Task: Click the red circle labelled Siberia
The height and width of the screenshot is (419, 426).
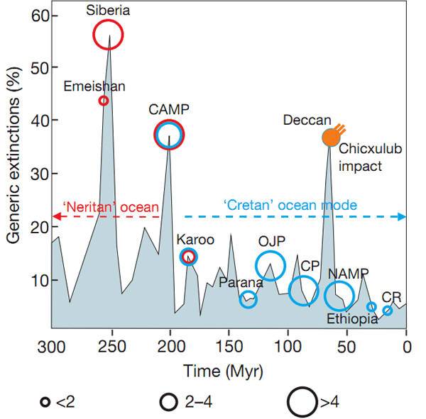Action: coord(108,35)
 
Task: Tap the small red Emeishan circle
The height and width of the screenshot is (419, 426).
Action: coord(104,101)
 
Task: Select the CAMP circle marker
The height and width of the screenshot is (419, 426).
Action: coord(169,134)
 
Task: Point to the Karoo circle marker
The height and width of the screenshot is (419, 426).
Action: coord(188,257)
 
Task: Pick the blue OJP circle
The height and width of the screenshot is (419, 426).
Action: coord(270,265)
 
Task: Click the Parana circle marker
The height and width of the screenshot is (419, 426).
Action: coord(248,300)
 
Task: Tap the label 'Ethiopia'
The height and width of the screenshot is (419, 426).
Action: coord(352,319)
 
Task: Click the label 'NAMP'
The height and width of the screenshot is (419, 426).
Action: coord(348,274)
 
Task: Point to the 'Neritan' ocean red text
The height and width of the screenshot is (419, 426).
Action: coord(104,206)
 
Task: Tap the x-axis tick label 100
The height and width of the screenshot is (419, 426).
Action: coord(288,347)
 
